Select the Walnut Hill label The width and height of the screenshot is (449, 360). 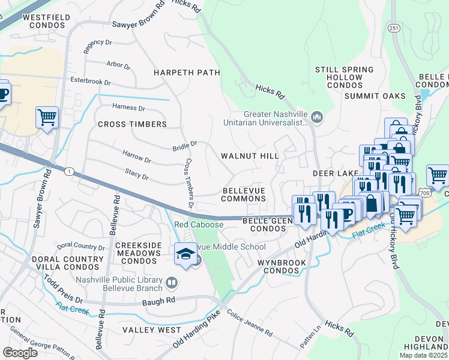[x=250, y=156]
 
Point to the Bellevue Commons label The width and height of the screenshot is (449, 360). [x=244, y=194]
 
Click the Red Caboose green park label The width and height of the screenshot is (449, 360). [x=199, y=225]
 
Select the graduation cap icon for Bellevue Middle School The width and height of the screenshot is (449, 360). [x=185, y=254]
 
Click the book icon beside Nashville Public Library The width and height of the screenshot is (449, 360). [x=172, y=282]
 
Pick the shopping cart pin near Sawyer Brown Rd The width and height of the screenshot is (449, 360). [x=47, y=117]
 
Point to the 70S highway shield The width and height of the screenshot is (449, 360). [x=425, y=193]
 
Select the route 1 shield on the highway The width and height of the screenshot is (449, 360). [x=70, y=172]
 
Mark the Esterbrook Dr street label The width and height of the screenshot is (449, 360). [x=91, y=81]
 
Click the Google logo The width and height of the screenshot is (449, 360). [x=20, y=353]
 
